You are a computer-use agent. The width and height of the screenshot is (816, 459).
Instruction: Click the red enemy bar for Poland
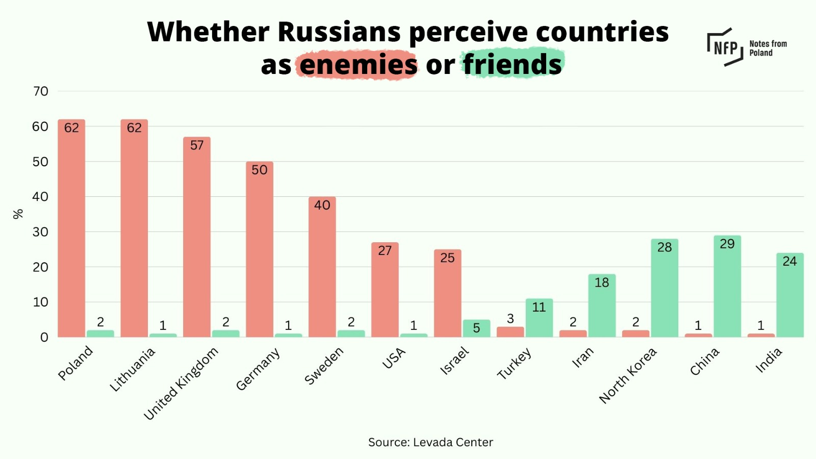pos(71,229)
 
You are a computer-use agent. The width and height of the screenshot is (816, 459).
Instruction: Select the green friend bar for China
pos(727,288)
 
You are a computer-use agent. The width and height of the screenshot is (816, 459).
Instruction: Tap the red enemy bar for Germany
pos(259,250)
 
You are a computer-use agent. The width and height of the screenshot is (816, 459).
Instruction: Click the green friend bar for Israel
pos(476,329)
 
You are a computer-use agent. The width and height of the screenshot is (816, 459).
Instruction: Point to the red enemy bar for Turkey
pos(510,332)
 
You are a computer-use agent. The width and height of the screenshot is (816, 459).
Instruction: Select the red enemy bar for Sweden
pos(322,268)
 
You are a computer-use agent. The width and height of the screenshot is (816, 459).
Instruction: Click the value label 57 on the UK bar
pos(197,145)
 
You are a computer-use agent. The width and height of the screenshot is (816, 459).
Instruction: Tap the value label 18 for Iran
pos(602,283)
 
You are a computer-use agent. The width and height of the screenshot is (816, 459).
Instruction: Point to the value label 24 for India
pos(789,261)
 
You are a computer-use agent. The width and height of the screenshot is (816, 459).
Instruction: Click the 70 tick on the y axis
pos(41,91)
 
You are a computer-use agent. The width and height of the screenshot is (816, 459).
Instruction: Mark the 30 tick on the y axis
pos(41,232)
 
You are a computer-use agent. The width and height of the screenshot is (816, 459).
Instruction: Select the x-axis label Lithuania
pos(132,370)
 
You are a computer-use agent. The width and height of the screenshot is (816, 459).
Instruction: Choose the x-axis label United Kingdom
pos(181,384)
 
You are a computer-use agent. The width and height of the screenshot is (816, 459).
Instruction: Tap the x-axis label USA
pos(394,359)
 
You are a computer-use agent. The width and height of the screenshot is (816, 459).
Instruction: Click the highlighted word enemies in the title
pos(358,65)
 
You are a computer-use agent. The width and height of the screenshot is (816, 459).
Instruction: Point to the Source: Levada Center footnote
pos(430,442)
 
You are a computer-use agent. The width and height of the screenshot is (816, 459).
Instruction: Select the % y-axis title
pos(18,214)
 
